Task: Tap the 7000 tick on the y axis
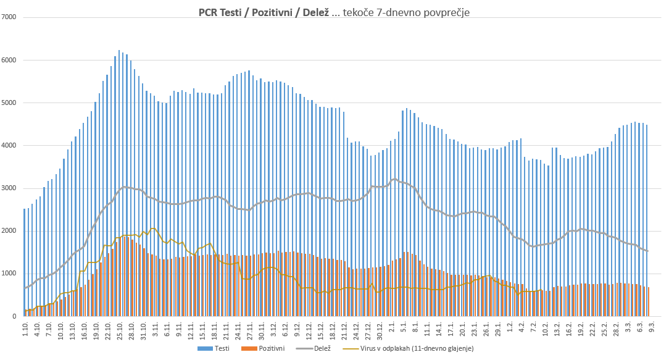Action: tap(10, 17)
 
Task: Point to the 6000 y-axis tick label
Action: tap(10, 60)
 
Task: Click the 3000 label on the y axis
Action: tap(10, 188)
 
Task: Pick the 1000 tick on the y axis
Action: tap(10, 274)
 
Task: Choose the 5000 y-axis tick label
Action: tap(10, 103)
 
